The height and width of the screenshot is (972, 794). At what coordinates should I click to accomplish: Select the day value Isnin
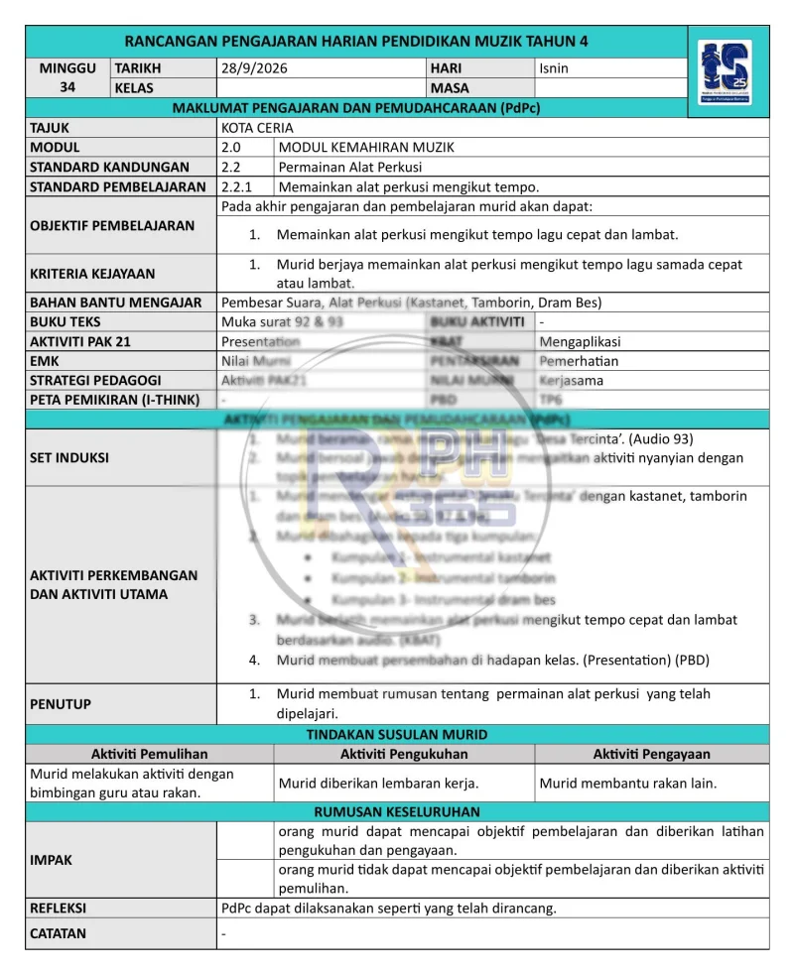554,68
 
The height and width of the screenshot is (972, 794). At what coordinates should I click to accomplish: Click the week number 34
68,87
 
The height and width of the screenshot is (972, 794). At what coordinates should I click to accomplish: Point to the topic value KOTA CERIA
257,128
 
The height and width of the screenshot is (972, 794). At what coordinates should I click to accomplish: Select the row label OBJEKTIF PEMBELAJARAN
112,225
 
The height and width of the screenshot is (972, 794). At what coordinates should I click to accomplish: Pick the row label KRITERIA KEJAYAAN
92,273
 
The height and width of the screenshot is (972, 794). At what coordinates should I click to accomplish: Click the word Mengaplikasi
580,341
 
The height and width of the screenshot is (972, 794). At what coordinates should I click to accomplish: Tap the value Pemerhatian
579,361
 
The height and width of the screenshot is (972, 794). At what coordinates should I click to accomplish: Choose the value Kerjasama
572,380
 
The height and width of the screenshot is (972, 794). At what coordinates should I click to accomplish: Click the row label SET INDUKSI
69,457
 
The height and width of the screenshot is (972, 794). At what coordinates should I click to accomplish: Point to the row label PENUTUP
61,703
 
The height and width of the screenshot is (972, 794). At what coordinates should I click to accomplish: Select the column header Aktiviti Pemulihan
149,754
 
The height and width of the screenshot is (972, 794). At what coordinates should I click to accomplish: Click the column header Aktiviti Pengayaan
651,754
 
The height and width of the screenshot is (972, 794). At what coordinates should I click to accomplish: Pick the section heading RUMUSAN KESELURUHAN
397,810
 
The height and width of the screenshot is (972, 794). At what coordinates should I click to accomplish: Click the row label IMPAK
52,860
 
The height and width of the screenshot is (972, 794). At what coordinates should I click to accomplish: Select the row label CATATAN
58,933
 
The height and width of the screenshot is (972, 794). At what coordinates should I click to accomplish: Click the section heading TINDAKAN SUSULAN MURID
397,735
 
